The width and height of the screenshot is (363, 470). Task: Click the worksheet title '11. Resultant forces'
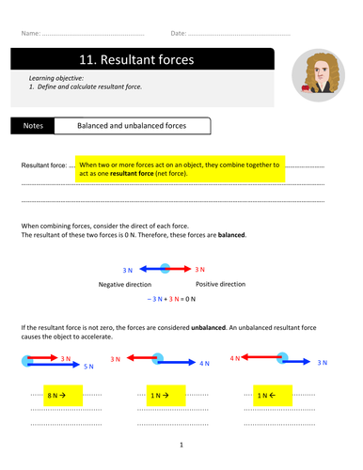pyautogui.click(x=136, y=59)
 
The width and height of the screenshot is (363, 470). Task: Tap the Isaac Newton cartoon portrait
pyautogui.click(x=318, y=75)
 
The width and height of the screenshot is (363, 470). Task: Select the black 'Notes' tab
pyautogui.click(x=33, y=126)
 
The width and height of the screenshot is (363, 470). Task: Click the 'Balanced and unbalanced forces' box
pyautogui.click(x=133, y=126)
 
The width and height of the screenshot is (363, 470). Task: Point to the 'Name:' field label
pyautogui.click(x=31, y=33)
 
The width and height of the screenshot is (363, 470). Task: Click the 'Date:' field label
pyautogui.click(x=179, y=33)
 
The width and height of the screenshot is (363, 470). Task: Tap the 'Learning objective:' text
pyautogui.click(x=56, y=78)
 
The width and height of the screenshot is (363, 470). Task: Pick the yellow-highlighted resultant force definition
pyautogui.click(x=180, y=169)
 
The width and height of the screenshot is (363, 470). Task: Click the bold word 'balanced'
pyautogui.click(x=231, y=235)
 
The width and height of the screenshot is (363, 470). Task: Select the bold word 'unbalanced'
pyautogui.click(x=209, y=327)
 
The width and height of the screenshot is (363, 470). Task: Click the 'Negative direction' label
pyautogui.click(x=125, y=285)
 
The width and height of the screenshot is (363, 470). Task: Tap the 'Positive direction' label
pyautogui.click(x=221, y=284)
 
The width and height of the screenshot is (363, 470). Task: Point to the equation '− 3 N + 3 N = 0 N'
pyautogui.click(x=171, y=299)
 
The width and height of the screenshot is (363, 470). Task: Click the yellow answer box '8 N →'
pyautogui.click(x=63, y=396)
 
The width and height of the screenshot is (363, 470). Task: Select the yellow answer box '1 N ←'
pyautogui.click(x=273, y=396)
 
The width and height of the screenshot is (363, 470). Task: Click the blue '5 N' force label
pyautogui.click(x=88, y=367)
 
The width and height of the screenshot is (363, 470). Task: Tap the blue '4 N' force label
pyautogui.click(x=204, y=364)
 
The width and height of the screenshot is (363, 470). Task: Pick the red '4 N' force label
pyautogui.click(x=235, y=358)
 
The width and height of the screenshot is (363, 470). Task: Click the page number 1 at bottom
pyautogui.click(x=181, y=445)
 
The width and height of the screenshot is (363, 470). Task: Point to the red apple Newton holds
pyautogui.click(x=306, y=87)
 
